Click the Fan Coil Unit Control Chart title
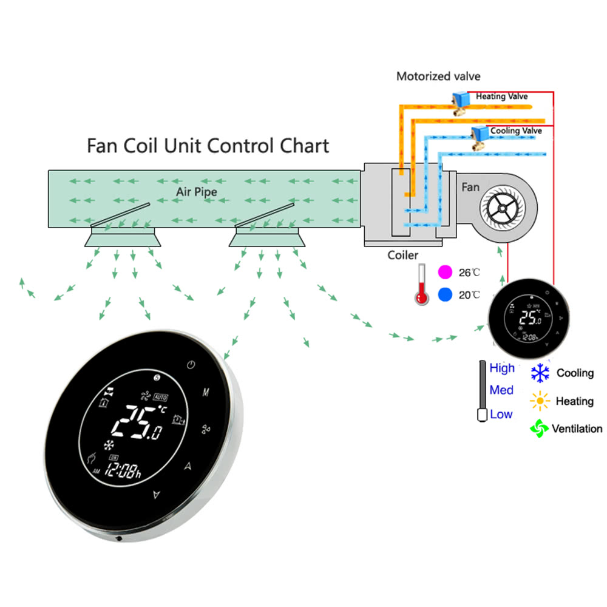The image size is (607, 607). pyautogui.click(x=208, y=146)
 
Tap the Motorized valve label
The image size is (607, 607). pyautogui.click(x=438, y=76)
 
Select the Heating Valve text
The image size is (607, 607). pyautogui.click(x=501, y=97)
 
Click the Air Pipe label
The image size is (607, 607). pyautogui.click(x=197, y=191)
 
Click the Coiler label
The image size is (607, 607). pyautogui.click(x=403, y=256)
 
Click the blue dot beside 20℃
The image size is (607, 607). pyautogui.click(x=446, y=295)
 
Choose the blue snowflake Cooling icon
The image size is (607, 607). pyautogui.click(x=540, y=373)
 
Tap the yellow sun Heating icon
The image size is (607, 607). pyautogui.click(x=539, y=401)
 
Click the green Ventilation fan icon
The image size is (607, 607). pyautogui.click(x=539, y=428)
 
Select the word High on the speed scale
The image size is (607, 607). pyautogui.click(x=502, y=368)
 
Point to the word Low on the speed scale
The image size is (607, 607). pyautogui.click(x=501, y=415)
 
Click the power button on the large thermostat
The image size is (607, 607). pyautogui.click(x=191, y=365)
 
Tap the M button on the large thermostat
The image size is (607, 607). pyautogui.click(x=206, y=392)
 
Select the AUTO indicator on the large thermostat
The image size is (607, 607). pyautogui.click(x=160, y=397)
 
